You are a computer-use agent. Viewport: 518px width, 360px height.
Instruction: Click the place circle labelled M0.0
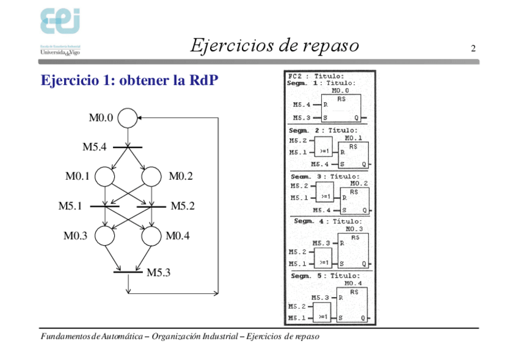click(x=128, y=118)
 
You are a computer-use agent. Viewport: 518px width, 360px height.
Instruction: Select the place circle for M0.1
click(x=104, y=177)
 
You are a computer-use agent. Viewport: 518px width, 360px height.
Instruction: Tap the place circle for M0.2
click(x=152, y=177)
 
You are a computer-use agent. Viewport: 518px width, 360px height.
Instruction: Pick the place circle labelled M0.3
click(x=104, y=235)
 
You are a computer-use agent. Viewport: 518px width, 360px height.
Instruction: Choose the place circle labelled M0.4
click(x=151, y=235)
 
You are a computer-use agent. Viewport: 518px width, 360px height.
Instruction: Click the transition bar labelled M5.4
click(x=128, y=147)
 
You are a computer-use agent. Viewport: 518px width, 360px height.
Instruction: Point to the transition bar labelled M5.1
click(x=104, y=207)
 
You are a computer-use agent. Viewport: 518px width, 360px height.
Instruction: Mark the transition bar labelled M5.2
click(x=151, y=207)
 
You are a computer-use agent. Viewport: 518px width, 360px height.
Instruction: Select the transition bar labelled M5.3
click(x=128, y=271)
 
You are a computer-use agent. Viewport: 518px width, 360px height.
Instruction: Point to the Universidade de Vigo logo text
click(x=60, y=53)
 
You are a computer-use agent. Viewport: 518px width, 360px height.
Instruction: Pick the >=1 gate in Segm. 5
click(x=322, y=312)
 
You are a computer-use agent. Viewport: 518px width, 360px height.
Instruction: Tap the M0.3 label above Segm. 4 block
click(x=354, y=229)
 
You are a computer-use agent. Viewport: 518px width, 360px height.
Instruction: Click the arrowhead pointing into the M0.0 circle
click(x=140, y=118)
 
